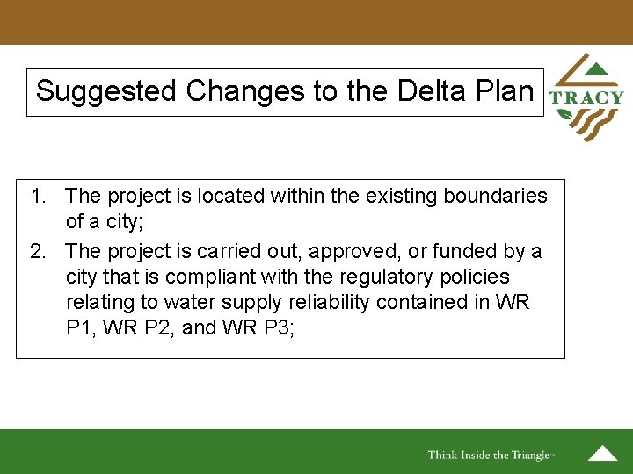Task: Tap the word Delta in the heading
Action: pos(417,91)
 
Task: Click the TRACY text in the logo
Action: pos(586,98)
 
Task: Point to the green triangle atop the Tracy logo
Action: pos(595,68)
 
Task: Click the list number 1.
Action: pos(38,196)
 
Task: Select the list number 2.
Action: pos(38,252)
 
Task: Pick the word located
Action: pos(240,196)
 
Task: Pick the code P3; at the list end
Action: pos(284,328)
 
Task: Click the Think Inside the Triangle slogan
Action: pos(490,455)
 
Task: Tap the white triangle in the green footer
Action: pos(602,454)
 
